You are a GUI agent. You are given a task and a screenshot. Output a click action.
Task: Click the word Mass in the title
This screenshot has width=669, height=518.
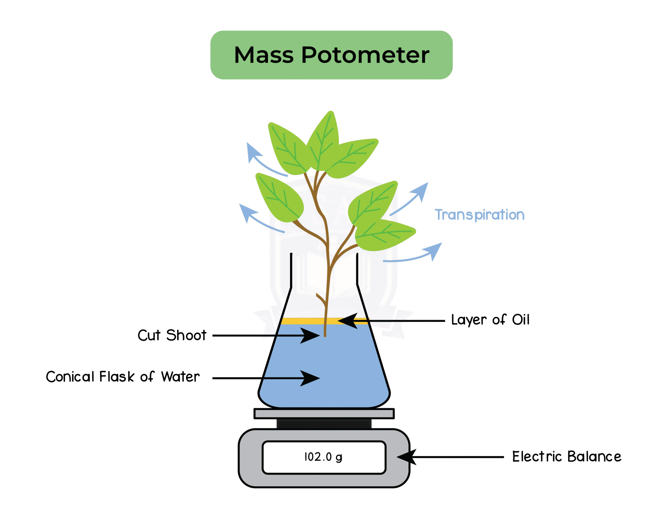264,55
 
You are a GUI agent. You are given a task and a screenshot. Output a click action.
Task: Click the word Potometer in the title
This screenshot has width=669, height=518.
365,55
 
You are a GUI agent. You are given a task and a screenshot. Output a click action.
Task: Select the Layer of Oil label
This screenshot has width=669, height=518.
490,320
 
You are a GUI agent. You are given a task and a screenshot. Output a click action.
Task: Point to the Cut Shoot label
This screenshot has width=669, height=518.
172,335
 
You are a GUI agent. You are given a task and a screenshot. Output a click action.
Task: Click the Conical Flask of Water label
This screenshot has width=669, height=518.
123,377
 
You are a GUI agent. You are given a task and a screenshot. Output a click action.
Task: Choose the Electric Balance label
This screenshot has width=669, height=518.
567,456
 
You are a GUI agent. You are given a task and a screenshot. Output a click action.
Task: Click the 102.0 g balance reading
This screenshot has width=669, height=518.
324,457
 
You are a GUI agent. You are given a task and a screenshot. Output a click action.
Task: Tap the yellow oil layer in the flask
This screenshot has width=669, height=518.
303,321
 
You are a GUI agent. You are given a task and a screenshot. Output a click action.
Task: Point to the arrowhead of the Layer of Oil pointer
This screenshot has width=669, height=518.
348,321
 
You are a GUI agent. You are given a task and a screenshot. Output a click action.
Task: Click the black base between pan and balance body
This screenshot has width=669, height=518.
324,424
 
